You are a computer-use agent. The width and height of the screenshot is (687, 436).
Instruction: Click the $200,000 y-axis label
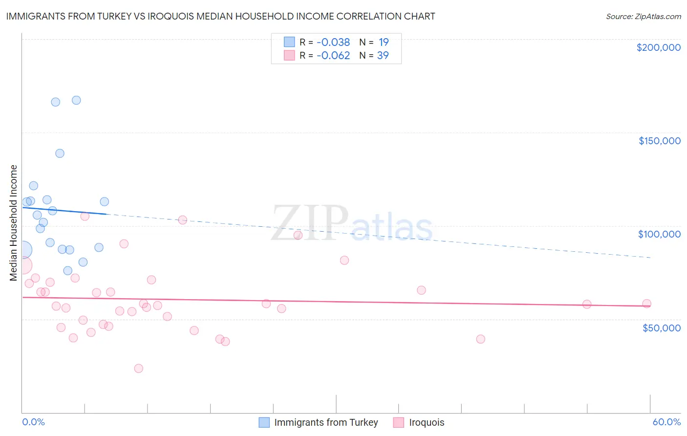point(658,47)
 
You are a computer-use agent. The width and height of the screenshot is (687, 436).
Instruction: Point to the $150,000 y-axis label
point(659,141)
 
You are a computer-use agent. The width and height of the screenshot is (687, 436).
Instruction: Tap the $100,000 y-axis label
point(659,234)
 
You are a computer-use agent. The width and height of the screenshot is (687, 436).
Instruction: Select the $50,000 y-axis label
point(661,327)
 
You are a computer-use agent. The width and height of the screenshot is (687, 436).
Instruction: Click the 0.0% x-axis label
point(33,422)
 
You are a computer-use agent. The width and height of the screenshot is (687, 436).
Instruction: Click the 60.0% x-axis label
point(666,422)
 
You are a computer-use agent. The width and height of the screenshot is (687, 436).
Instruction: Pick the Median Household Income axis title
point(14,223)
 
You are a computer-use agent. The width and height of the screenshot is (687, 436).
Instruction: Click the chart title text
point(220,16)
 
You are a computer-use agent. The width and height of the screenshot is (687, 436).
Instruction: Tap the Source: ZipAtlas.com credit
point(643,16)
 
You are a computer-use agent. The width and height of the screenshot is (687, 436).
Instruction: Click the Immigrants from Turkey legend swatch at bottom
point(264,422)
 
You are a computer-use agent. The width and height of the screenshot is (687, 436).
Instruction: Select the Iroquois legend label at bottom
point(427,422)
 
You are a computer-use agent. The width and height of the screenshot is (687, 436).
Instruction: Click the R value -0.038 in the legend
point(333,43)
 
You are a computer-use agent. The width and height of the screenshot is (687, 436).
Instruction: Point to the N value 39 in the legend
point(383,56)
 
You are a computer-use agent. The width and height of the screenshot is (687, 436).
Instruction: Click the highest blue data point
point(76,100)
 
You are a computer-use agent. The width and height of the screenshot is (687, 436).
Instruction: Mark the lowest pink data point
point(138,369)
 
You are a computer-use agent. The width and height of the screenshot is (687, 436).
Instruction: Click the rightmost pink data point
point(646,304)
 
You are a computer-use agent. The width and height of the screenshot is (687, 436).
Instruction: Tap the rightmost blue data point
point(104,202)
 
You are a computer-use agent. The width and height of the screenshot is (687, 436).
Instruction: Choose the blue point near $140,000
point(60,153)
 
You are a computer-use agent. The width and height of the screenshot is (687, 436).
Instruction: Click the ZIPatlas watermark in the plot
point(352,224)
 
